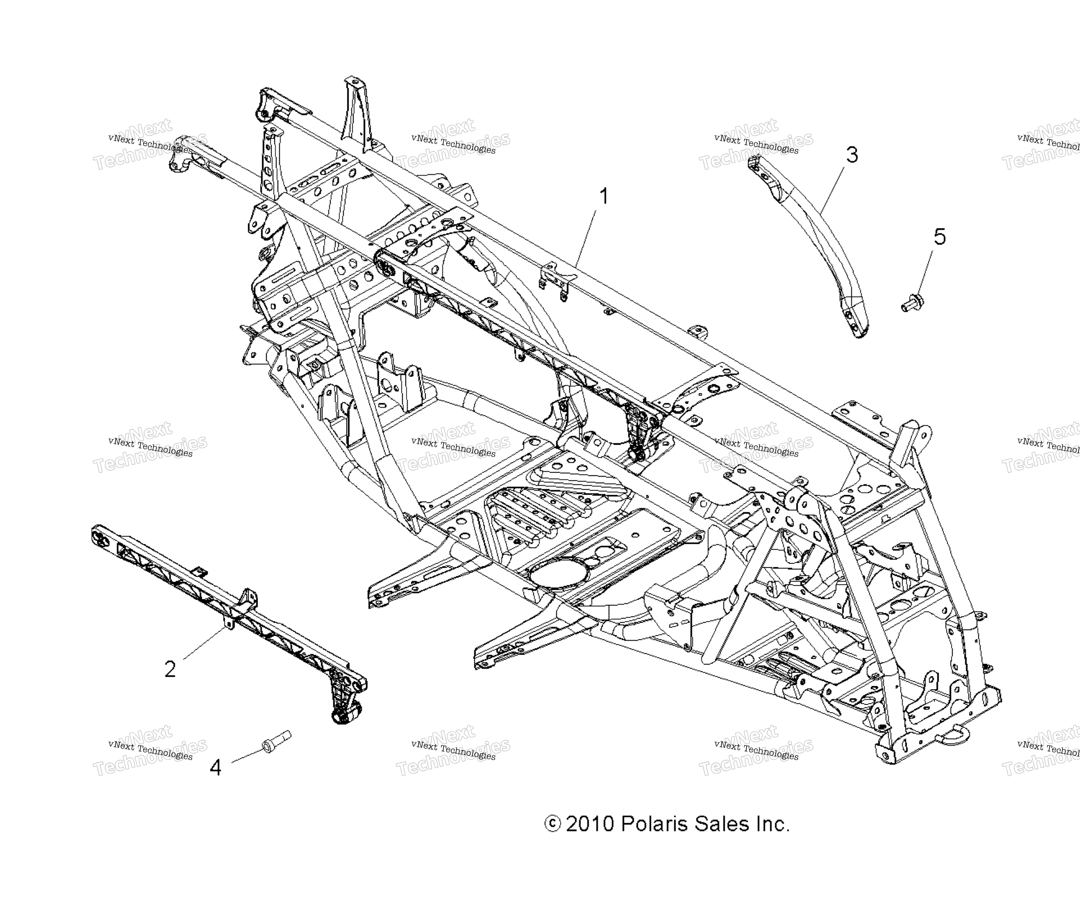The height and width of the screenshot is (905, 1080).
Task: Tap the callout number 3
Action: click(x=852, y=155)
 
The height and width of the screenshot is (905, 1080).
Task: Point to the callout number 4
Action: click(x=215, y=768)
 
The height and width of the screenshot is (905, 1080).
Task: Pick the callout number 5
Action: click(x=939, y=237)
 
